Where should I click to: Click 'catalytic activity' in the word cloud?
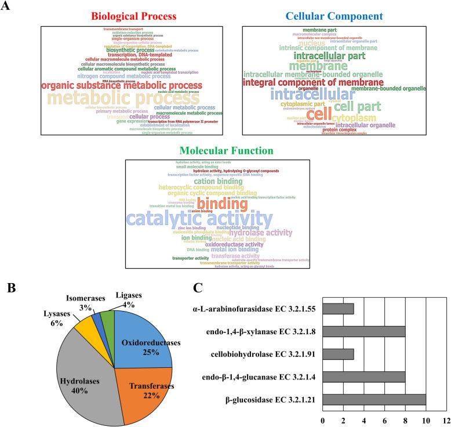click(x=199, y=219)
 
